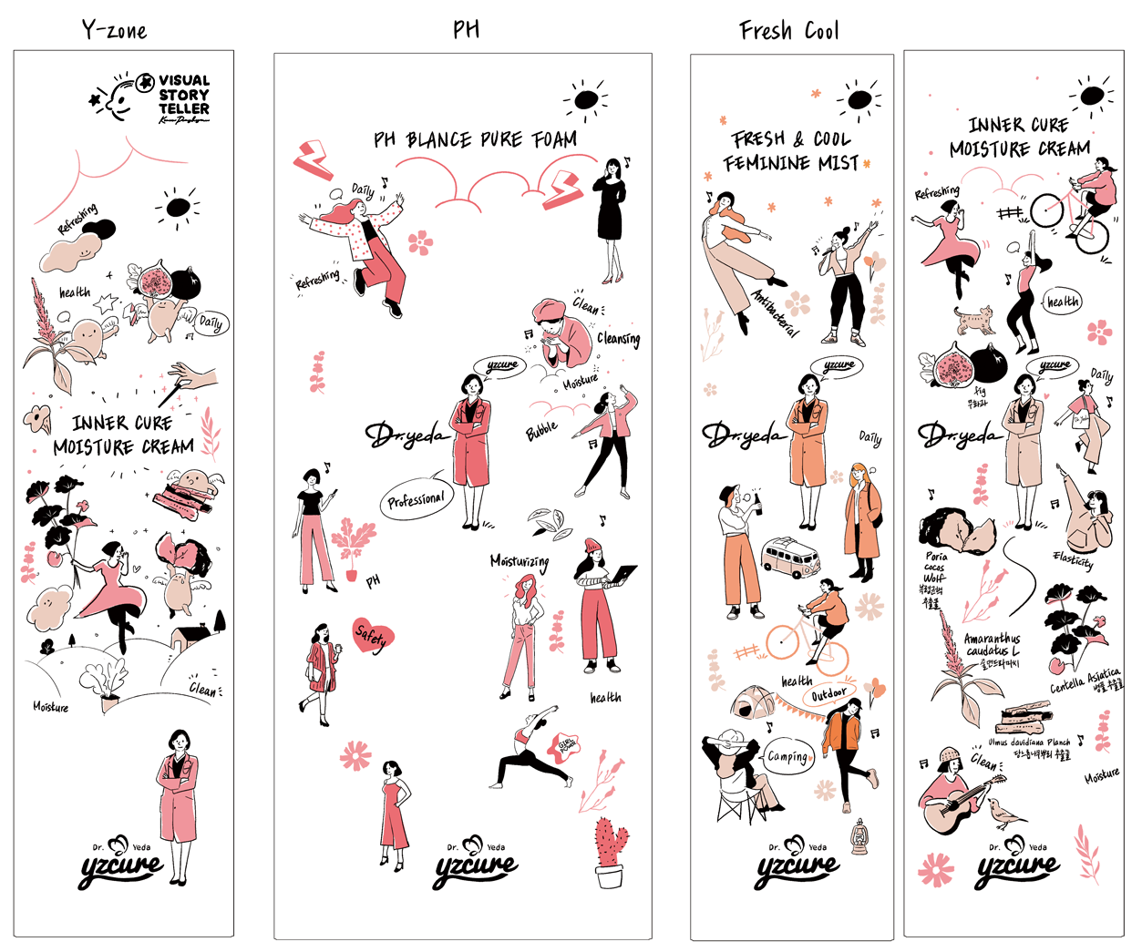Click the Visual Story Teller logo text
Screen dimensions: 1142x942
pos(183,95)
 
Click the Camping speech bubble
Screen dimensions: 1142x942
pos(787,756)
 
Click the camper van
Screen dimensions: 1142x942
pos(791,558)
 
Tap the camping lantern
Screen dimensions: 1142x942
pos(859,836)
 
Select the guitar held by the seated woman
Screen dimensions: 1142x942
pos(952,810)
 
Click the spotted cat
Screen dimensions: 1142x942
pos(974,320)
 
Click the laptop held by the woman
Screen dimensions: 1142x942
pos(623,575)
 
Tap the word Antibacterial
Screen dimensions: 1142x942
pos(774,312)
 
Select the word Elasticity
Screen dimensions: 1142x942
pos(1073,559)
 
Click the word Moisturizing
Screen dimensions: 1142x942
pos(520,562)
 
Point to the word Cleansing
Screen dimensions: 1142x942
pos(619,339)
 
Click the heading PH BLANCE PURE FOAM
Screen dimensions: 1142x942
pos(475,140)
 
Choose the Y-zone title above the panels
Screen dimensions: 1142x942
pos(114,30)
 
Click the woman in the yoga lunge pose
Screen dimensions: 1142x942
pos(530,752)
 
